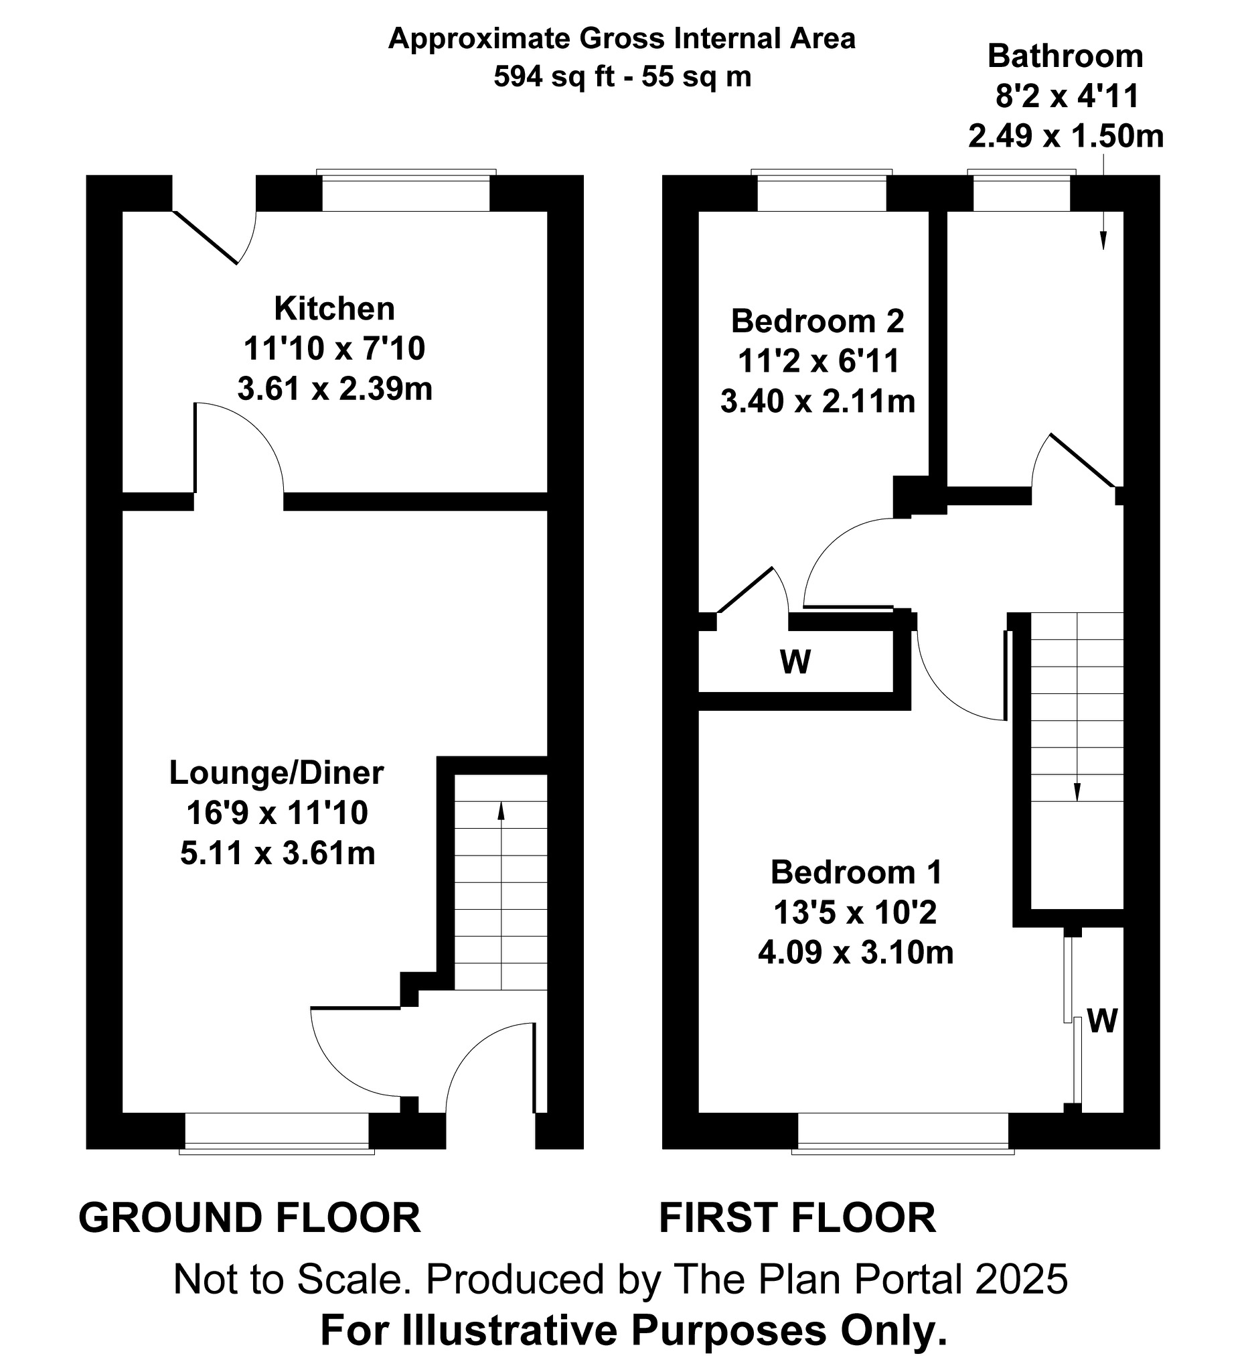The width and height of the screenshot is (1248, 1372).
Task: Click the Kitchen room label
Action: coord(334,309)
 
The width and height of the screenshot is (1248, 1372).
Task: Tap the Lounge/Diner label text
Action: coord(276,773)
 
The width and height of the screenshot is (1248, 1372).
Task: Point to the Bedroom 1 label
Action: coord(856,872)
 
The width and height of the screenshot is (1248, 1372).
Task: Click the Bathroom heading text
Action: coord(1065,56)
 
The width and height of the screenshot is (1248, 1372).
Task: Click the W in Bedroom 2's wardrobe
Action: coord(795,661)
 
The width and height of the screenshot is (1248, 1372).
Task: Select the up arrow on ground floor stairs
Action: coord(501,811)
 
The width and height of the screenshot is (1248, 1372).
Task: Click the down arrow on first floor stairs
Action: coord(1077,792)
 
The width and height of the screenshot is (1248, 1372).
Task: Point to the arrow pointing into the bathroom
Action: coord(1103,238)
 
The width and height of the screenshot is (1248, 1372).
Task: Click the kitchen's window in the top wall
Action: coord(406,192)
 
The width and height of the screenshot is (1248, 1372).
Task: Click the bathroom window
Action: coord(1022,192)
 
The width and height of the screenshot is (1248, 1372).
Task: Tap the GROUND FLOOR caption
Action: coord(250,1218)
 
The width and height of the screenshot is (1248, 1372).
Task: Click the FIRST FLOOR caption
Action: coord(797,1218)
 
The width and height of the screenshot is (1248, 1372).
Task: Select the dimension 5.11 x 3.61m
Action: coord(277,853)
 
